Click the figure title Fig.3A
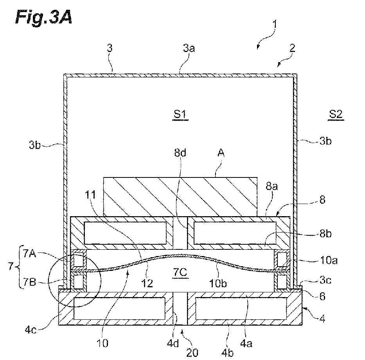[x=43, y=17]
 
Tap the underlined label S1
[x=180, y=115]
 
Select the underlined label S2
[x=335, y=114]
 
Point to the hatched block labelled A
[x=180, y=197]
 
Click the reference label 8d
[x=180, y=153]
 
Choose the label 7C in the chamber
[x=180, y=272]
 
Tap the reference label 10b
[x=218, y=283]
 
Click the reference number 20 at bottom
[x=192, y=353]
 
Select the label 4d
[x=173, y=343]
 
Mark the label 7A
[x=30, y=253]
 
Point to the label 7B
[x=30, y=282]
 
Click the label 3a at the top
[x=189, y=48]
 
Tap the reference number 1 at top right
[x=275, y=24]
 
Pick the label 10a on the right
[x=329, y=260]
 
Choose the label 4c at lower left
[x=31, y=330]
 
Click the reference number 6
[x=322, y=296]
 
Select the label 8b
[x=325, y=234]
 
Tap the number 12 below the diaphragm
[x=147, y=283]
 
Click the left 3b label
[x=35, y=145]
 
